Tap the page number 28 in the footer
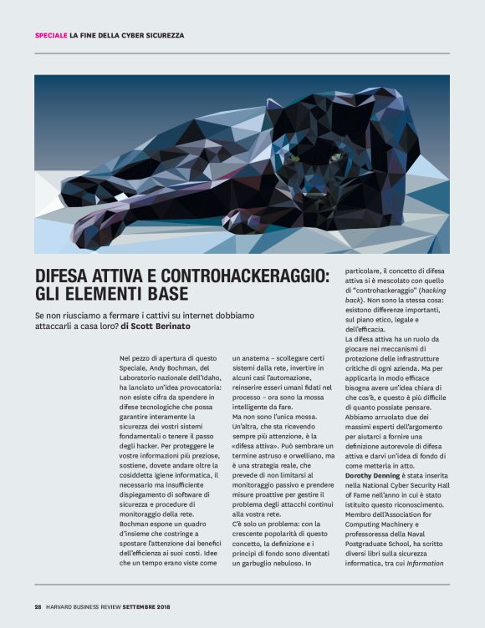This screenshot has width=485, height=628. [x=38, y=606]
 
